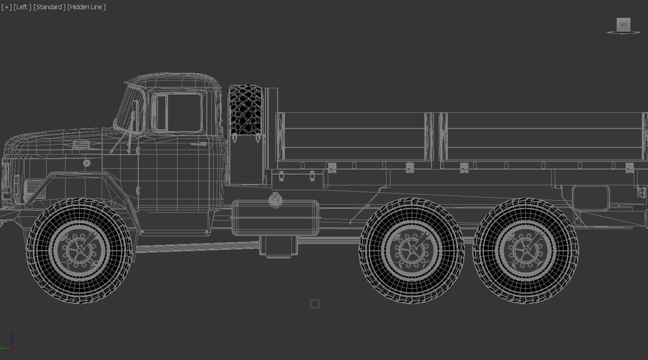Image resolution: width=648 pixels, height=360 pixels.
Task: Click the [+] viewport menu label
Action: click(x=6, y=7)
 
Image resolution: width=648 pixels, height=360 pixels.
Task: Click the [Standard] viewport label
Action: click(x=49, y=7)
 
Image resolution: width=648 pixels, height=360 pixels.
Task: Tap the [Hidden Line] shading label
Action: click(x=86, y=7)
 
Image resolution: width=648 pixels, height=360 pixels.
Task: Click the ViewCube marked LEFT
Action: click(x=623, y=25)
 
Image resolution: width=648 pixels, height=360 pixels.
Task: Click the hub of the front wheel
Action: click(x=80, y=251)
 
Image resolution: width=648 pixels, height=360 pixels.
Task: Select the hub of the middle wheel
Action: click(x=412, y=251)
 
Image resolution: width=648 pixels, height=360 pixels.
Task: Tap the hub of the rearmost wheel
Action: click(x=525, y=251)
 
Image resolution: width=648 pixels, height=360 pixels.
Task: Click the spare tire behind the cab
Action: click(x=245, y=110)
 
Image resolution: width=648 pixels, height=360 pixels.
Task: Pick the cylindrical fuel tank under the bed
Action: click(x=275, y=218)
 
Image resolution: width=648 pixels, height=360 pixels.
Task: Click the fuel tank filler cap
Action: click(x=275, y=199)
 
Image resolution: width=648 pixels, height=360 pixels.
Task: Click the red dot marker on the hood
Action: click(x=87, y=163)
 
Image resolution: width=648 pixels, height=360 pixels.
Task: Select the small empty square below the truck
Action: click(x=315, y=304)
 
